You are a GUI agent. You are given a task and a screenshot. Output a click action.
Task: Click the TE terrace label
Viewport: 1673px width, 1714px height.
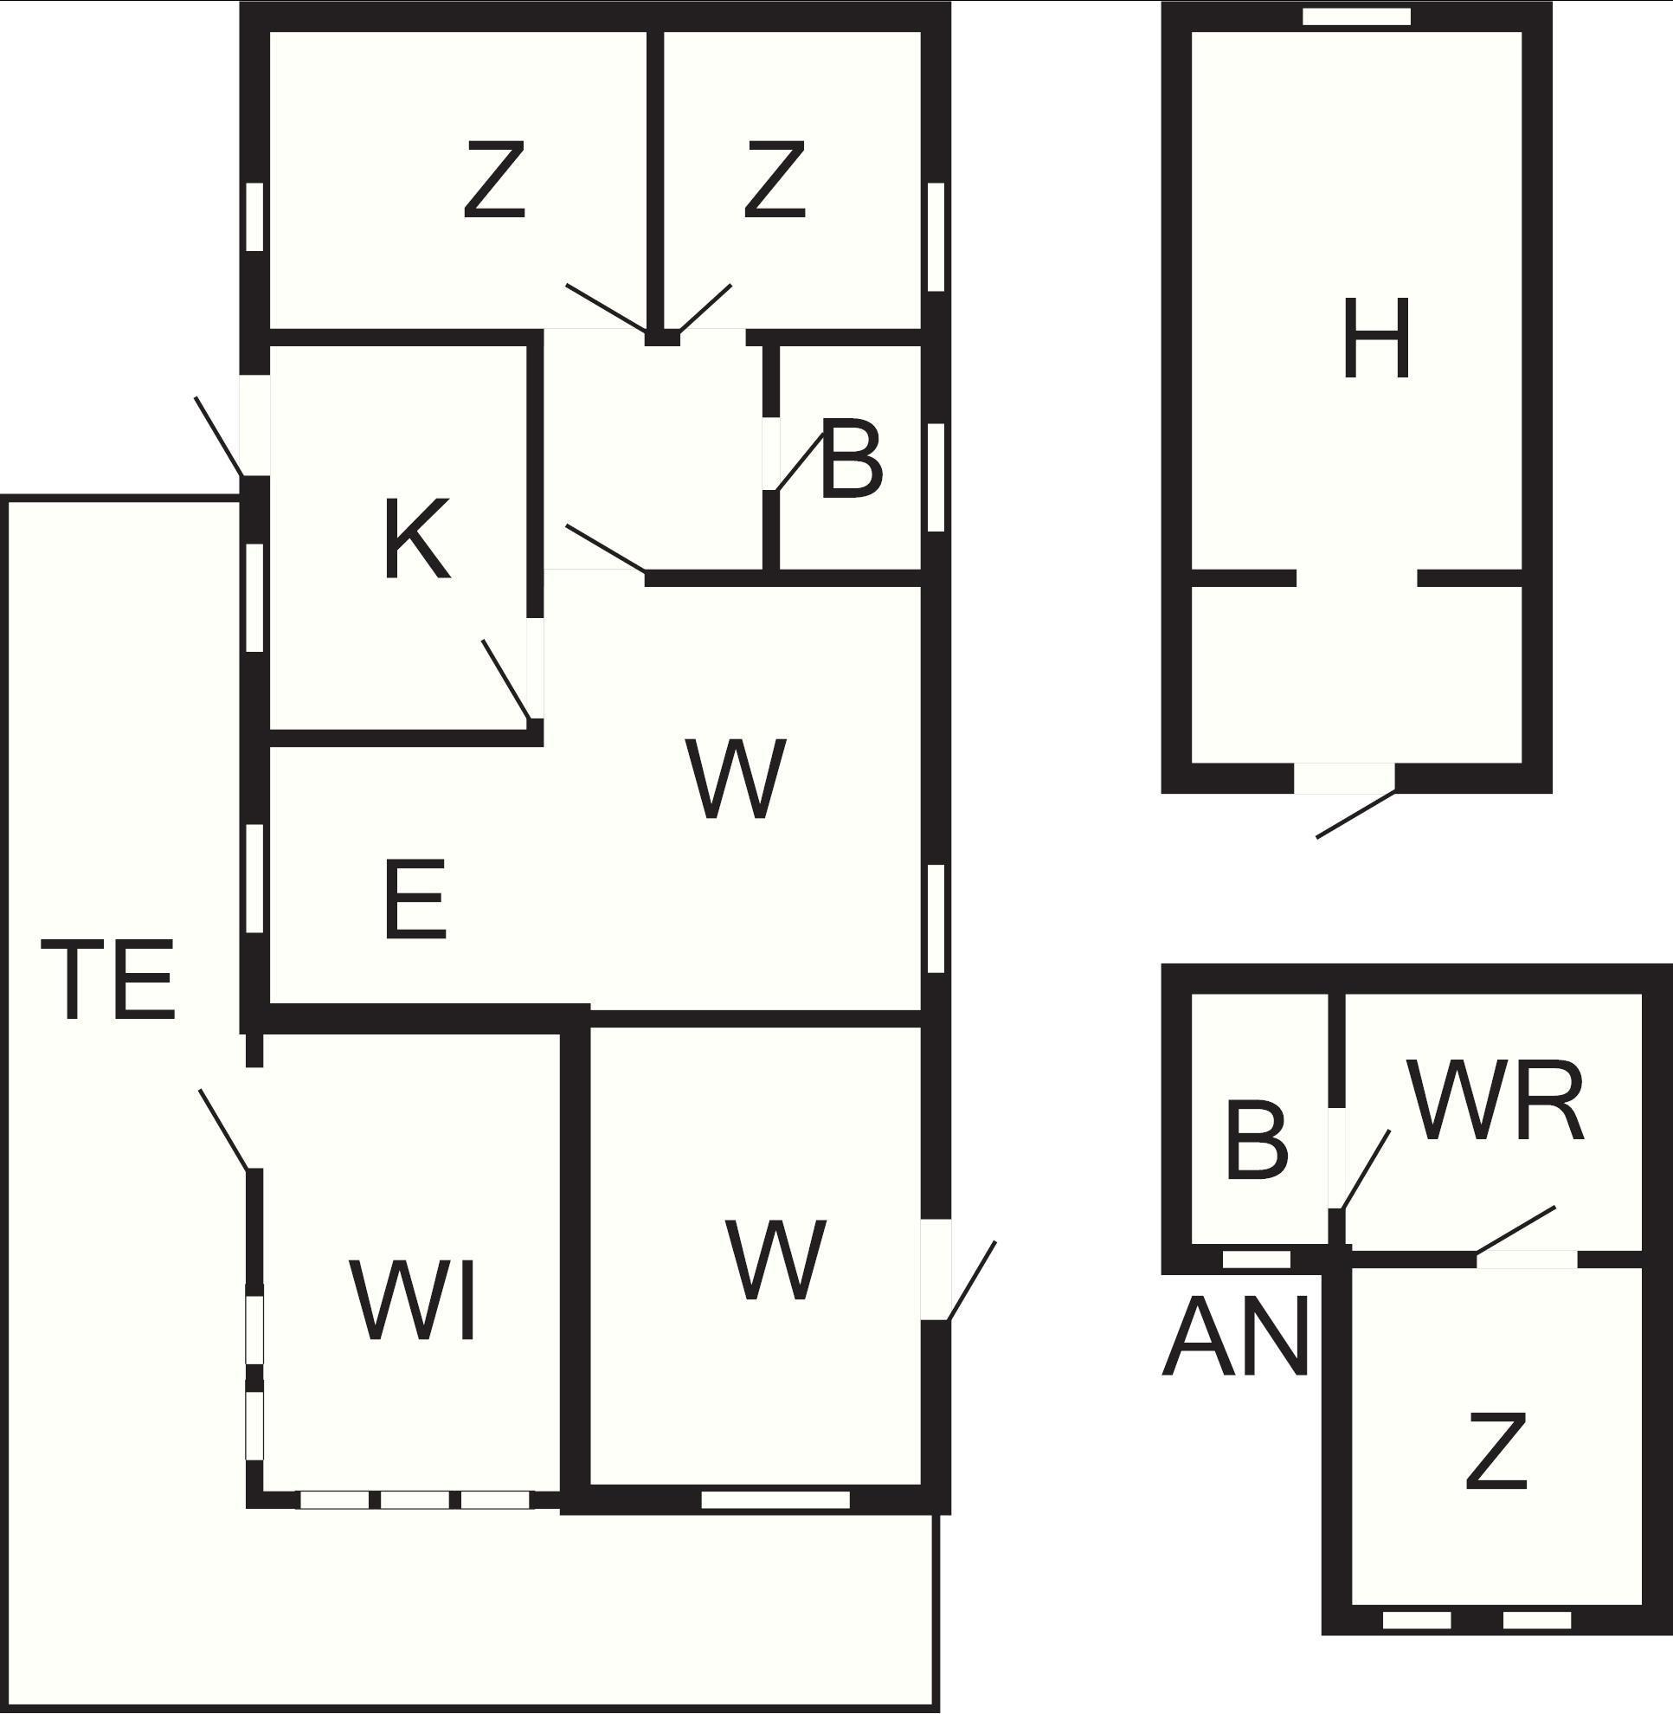[108, 980]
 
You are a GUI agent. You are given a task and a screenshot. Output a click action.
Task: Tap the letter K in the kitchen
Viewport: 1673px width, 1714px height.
[417, 538]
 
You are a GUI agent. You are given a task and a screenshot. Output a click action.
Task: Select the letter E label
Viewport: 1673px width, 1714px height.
[415, 899]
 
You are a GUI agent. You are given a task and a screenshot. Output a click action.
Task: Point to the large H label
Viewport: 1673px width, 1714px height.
[1376, 338]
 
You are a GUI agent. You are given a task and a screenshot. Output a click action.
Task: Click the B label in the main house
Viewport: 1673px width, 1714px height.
[851, 461]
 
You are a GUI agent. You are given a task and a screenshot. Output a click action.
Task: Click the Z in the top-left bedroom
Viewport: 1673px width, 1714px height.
[495, 179]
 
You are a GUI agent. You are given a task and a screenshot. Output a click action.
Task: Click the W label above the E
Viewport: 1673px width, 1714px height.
[736, 779]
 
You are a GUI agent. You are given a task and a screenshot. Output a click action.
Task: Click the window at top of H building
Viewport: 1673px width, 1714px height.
[1356, 16]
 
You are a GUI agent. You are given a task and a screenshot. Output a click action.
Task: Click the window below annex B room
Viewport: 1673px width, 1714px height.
[1257, 1260]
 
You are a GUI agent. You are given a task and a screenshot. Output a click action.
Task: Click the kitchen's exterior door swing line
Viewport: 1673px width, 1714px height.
[219, 436]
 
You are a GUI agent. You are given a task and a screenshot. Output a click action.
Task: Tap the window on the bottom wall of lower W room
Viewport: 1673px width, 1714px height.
[775, 1499]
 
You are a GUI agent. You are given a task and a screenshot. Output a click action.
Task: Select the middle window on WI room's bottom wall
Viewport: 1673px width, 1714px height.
[415, 1499]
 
